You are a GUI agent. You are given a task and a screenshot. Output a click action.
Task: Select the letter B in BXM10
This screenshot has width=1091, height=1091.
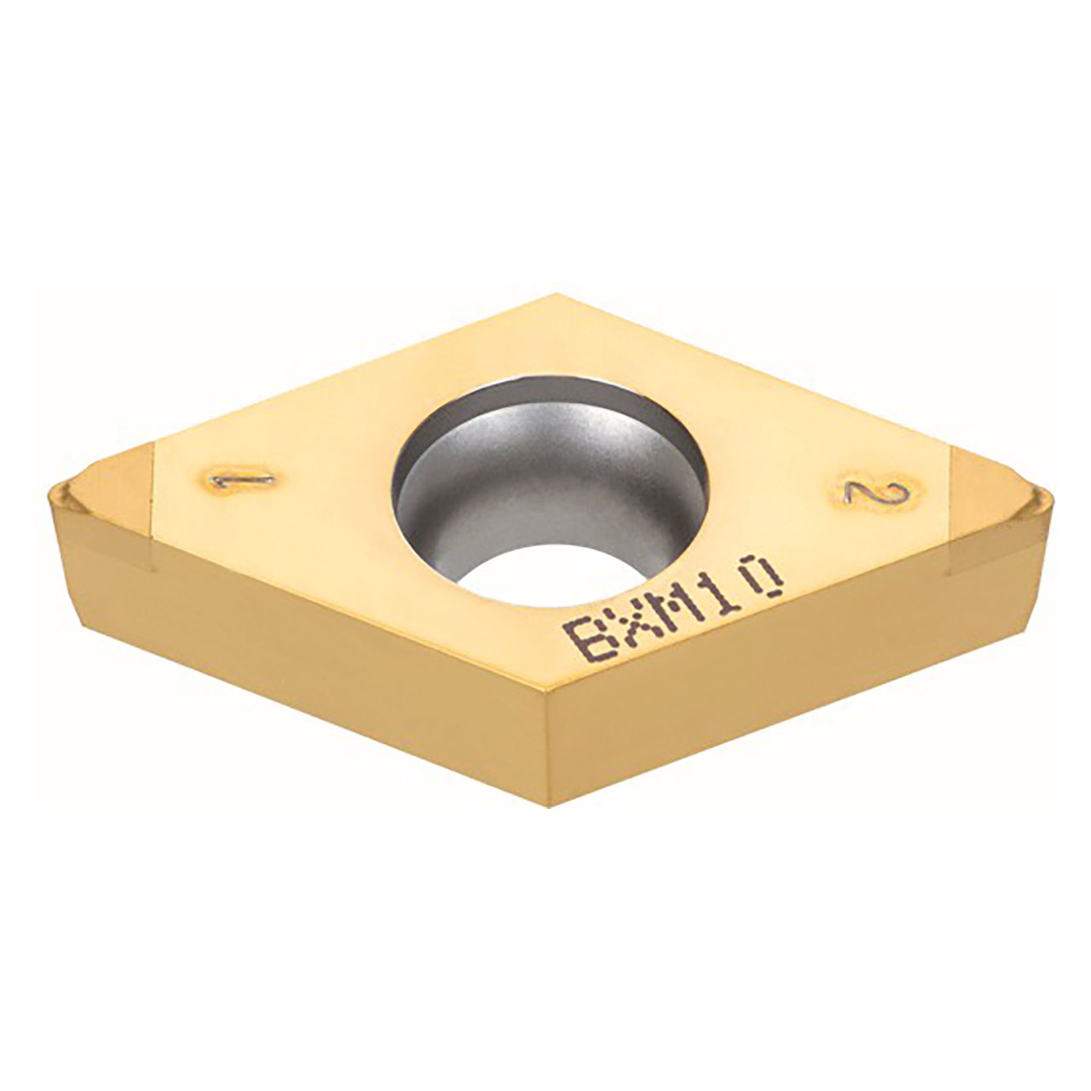[x=582, y=644]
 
